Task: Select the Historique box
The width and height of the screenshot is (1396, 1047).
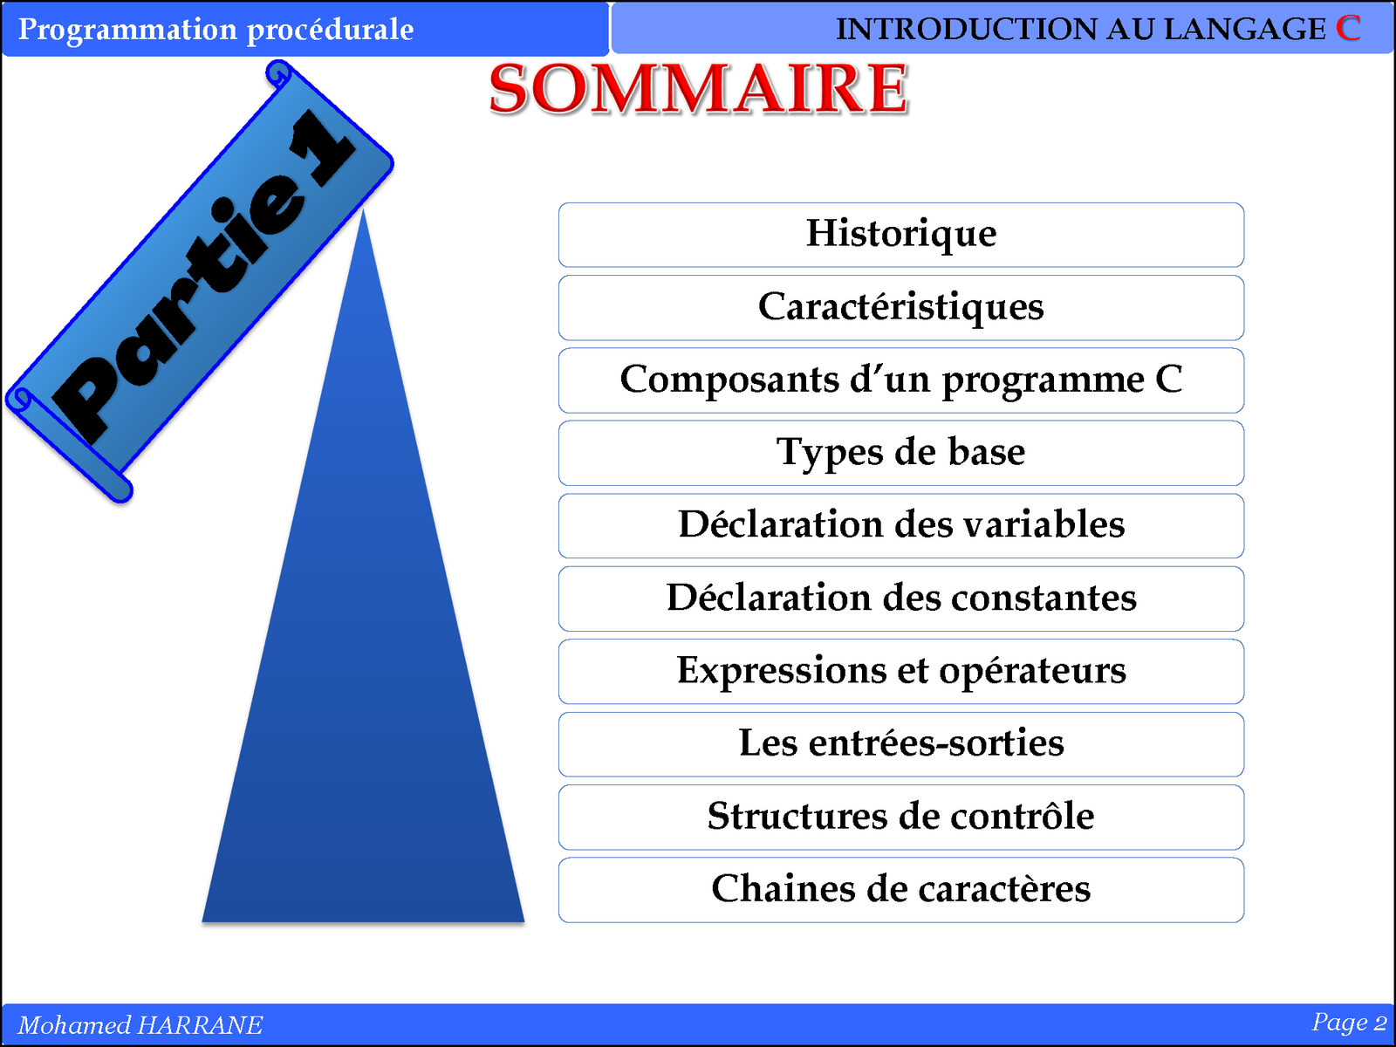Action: tap(901, 235)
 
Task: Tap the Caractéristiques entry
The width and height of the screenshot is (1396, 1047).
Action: tap(901, 308)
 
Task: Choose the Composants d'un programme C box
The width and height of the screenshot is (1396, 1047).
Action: tap(901, 380)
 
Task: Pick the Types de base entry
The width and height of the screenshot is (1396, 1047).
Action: tap(901, 453)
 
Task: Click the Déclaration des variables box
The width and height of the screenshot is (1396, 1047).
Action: tap(901, 526)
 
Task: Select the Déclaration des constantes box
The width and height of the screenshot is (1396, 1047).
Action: tap(901, 599)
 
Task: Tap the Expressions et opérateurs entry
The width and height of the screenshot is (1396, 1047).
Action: tap(901, 671)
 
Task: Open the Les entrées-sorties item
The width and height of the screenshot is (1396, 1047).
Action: tap(901, 744)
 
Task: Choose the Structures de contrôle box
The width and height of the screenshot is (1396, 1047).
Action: tap(901, 817)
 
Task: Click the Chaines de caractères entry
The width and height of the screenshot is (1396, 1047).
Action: tap(901, 890)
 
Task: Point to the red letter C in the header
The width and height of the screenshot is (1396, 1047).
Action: tap(1348, 28)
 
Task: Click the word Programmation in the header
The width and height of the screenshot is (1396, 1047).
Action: tap(127, 31)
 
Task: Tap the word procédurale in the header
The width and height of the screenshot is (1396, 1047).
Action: tap(330, 31)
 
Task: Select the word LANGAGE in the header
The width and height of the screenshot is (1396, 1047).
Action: tap(1245, 30)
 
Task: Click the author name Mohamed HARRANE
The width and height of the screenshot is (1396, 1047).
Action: tap(140, 1024)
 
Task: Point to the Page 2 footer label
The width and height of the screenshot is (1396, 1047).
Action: tap(1348, 1023)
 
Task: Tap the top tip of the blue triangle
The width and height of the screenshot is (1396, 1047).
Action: tap(362, 212)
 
